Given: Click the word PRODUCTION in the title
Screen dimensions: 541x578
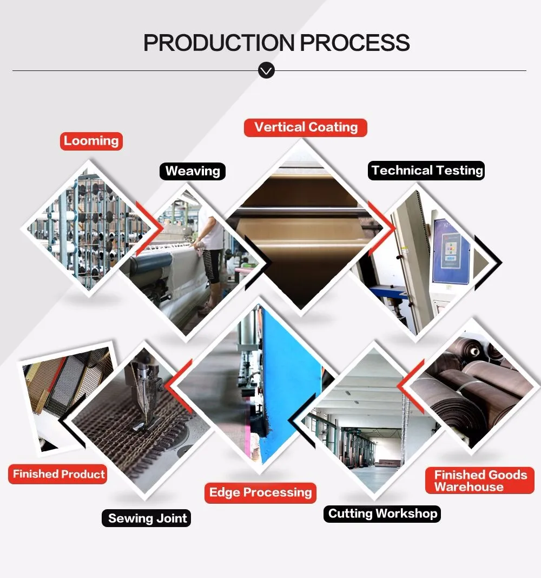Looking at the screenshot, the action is pos(219,43).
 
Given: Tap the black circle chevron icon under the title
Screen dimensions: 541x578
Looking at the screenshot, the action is pos(266,70).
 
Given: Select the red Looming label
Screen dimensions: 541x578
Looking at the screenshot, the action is pos(91,141).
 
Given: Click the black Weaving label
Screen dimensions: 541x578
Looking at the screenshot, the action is pos(193,171).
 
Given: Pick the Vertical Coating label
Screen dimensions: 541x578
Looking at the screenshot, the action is pos(306,128).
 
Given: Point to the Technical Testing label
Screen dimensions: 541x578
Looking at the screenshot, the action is pos(427,171).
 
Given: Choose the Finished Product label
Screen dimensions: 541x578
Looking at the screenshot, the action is pos(59,475).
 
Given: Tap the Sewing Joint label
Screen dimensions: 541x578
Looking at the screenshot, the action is pos(147,518).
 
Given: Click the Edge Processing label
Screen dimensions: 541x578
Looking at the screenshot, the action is pos(261,493).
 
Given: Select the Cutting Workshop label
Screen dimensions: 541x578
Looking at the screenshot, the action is pos(382,514).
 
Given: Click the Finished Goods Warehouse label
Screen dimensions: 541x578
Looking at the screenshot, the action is pos(480,481).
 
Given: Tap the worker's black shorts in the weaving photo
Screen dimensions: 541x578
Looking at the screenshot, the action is pos(212,268).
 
